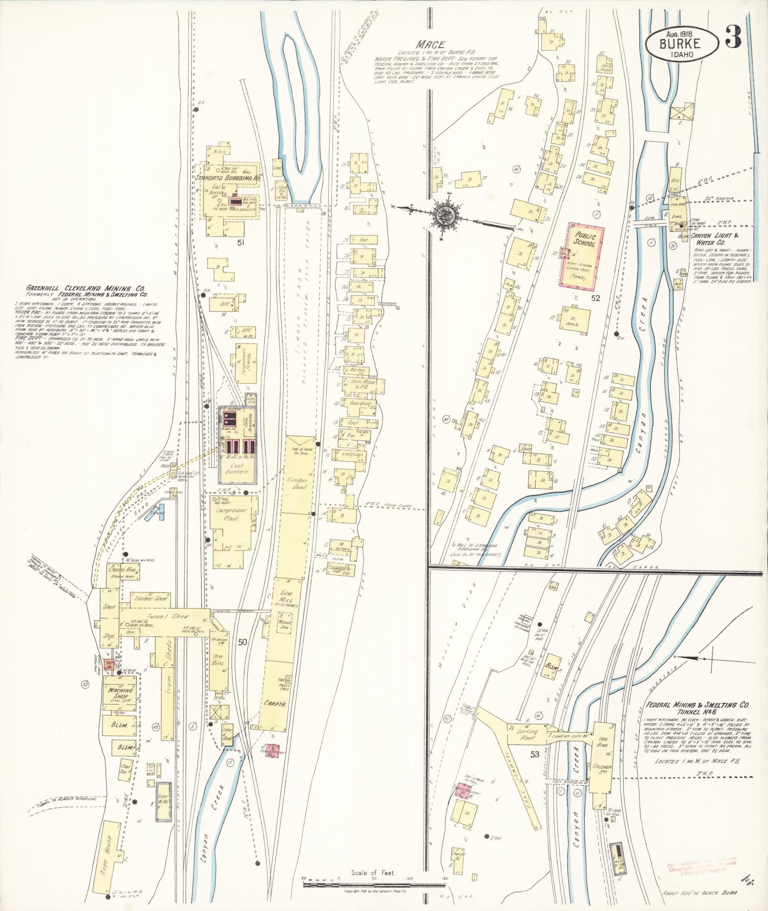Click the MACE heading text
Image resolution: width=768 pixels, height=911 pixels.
(x=430, y=44)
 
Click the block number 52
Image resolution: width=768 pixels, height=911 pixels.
(x=596, y=299)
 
